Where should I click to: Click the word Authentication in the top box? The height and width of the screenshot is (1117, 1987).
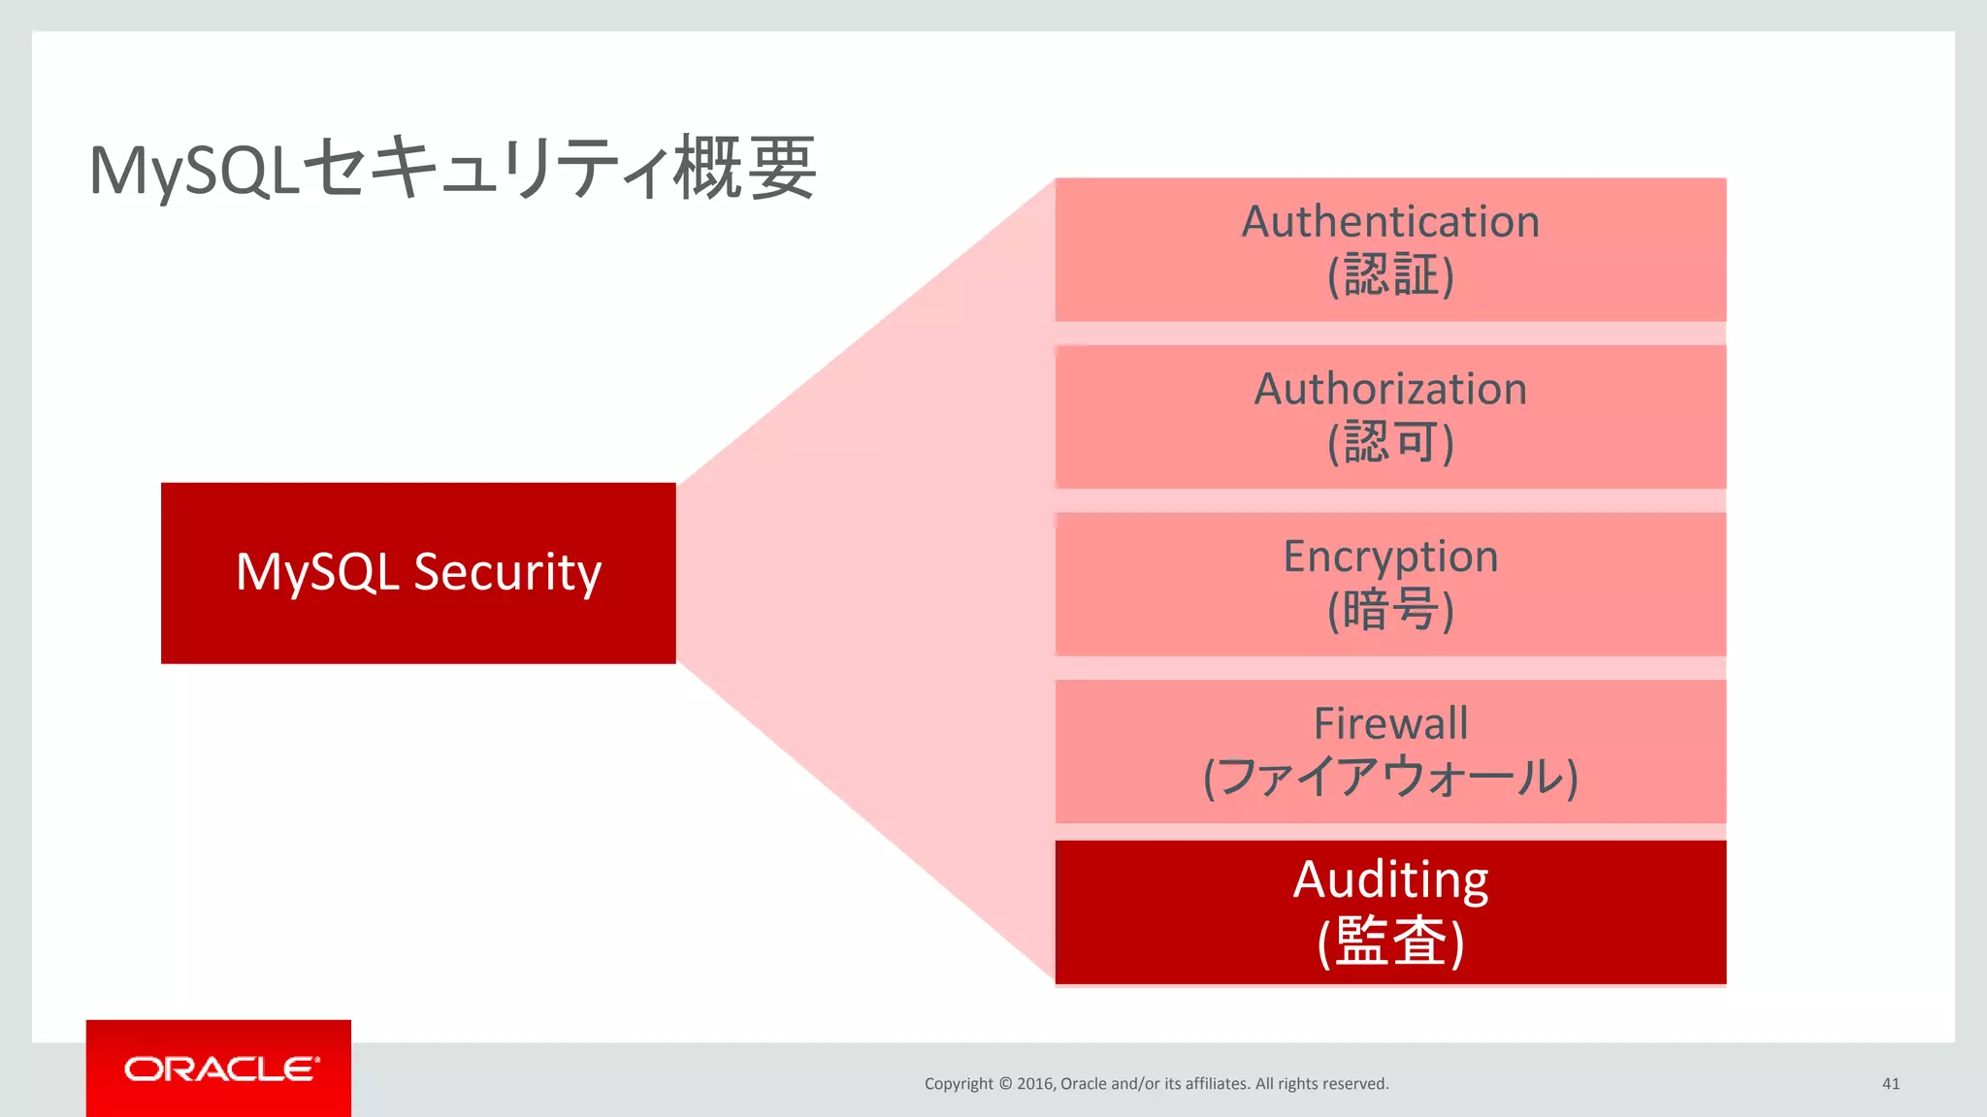coord(1390,222)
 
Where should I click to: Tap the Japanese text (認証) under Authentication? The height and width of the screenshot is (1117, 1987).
coord(1390,275)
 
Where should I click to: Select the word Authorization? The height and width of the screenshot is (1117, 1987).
coord(1390,390)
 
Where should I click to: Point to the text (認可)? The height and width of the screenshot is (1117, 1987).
coord(1390,443)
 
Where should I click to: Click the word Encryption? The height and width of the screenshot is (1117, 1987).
coord(1390,558)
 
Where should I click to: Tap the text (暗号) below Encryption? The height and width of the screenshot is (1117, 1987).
coord(1390,611)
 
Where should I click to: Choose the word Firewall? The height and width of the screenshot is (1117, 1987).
coord(1390,723)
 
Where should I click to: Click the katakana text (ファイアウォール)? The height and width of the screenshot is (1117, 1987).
coord(1390,778)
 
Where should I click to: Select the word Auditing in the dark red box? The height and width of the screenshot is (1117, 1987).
coord(1390,880)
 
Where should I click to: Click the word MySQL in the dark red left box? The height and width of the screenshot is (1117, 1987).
coord(317,572)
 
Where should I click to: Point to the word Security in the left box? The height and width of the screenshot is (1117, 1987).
coord(507,572)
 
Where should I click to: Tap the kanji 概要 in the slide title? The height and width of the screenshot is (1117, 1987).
coord(744,169)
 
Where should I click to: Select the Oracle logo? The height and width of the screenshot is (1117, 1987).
coord(219,1069)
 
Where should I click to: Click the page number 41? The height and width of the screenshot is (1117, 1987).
coord(1890,1084)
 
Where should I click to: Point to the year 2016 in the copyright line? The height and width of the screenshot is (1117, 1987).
coord(1034,1084)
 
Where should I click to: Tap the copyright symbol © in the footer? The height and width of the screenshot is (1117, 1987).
coord(1004,1084)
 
